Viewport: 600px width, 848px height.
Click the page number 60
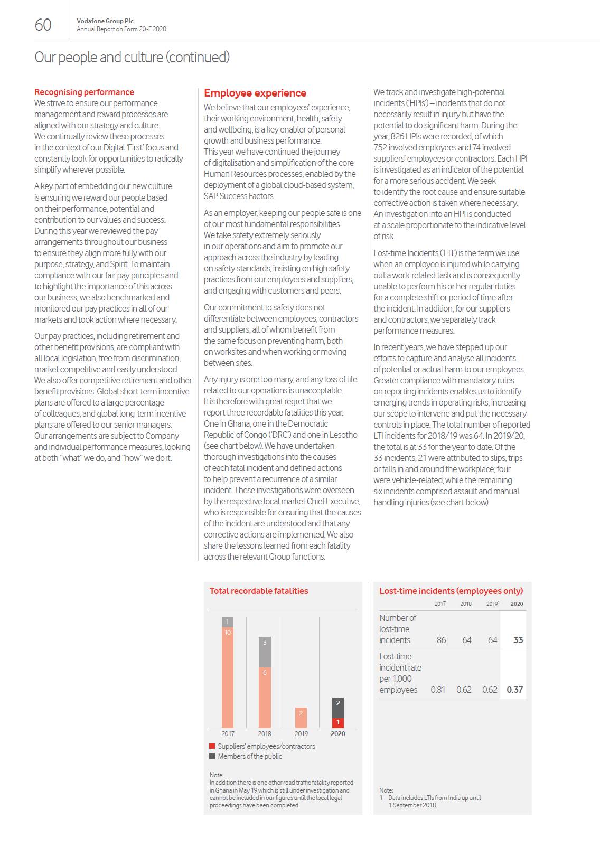point(43,25)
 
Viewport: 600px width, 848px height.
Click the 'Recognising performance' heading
point(84,92)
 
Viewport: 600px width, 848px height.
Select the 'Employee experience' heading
point(255,93)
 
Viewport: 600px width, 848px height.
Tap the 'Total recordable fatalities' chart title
point(259,591)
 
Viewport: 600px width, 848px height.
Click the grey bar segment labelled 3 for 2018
point(265,652)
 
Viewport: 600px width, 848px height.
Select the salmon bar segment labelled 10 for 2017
point(228,679)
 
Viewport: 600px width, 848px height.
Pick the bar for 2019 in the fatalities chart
point(301,718)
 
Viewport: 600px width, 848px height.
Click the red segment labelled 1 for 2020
point(338,722)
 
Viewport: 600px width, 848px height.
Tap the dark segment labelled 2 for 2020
point(338,708)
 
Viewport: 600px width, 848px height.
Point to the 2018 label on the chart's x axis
point(265,733)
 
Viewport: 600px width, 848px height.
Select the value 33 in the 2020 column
point(518,640)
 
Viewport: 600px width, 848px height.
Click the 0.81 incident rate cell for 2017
point(438,690)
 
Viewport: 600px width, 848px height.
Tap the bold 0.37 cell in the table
point(514,690)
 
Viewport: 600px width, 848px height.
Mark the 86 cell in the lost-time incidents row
point(441,640)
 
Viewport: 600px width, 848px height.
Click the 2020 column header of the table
point(517,604)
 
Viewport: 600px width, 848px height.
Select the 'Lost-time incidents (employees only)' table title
point(451,591)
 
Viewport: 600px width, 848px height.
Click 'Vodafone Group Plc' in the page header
point(105,21)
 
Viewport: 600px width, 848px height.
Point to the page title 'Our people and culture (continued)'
point(132,57)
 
